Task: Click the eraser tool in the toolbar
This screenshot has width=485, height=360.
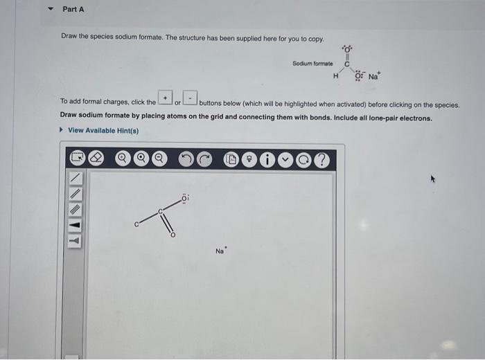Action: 98,159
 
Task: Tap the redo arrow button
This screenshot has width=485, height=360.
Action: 205,159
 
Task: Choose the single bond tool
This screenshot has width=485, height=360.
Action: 74,179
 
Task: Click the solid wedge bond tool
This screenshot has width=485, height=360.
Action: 74,226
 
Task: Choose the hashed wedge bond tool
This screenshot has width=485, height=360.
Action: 74,242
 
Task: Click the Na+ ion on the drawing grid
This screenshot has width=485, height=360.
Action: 220,251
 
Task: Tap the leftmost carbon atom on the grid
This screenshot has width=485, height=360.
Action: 136,224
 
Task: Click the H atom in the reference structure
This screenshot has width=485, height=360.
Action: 335,76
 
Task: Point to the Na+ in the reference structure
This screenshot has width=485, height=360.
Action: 375,75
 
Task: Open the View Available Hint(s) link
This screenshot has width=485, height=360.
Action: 103,130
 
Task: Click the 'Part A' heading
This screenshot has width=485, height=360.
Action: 73,9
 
